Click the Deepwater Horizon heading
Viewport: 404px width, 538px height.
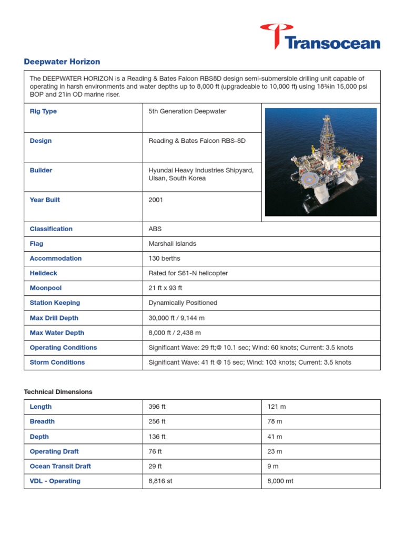coord(62,61)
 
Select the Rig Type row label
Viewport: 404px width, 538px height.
coord(43,111)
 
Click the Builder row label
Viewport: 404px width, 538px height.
coord(41,170)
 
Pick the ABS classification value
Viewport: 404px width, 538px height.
coord(156,229)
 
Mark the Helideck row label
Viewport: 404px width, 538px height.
coord(44,273)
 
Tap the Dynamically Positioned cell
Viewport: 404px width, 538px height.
coord(183,303)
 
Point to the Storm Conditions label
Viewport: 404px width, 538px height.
coord(57,362)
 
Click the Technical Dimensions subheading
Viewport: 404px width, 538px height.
coord(58,392)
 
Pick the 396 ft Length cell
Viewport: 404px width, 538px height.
coord(157,407)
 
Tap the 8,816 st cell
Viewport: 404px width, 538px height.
coord(160,481)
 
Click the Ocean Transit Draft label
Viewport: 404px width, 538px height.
coord(60,466)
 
